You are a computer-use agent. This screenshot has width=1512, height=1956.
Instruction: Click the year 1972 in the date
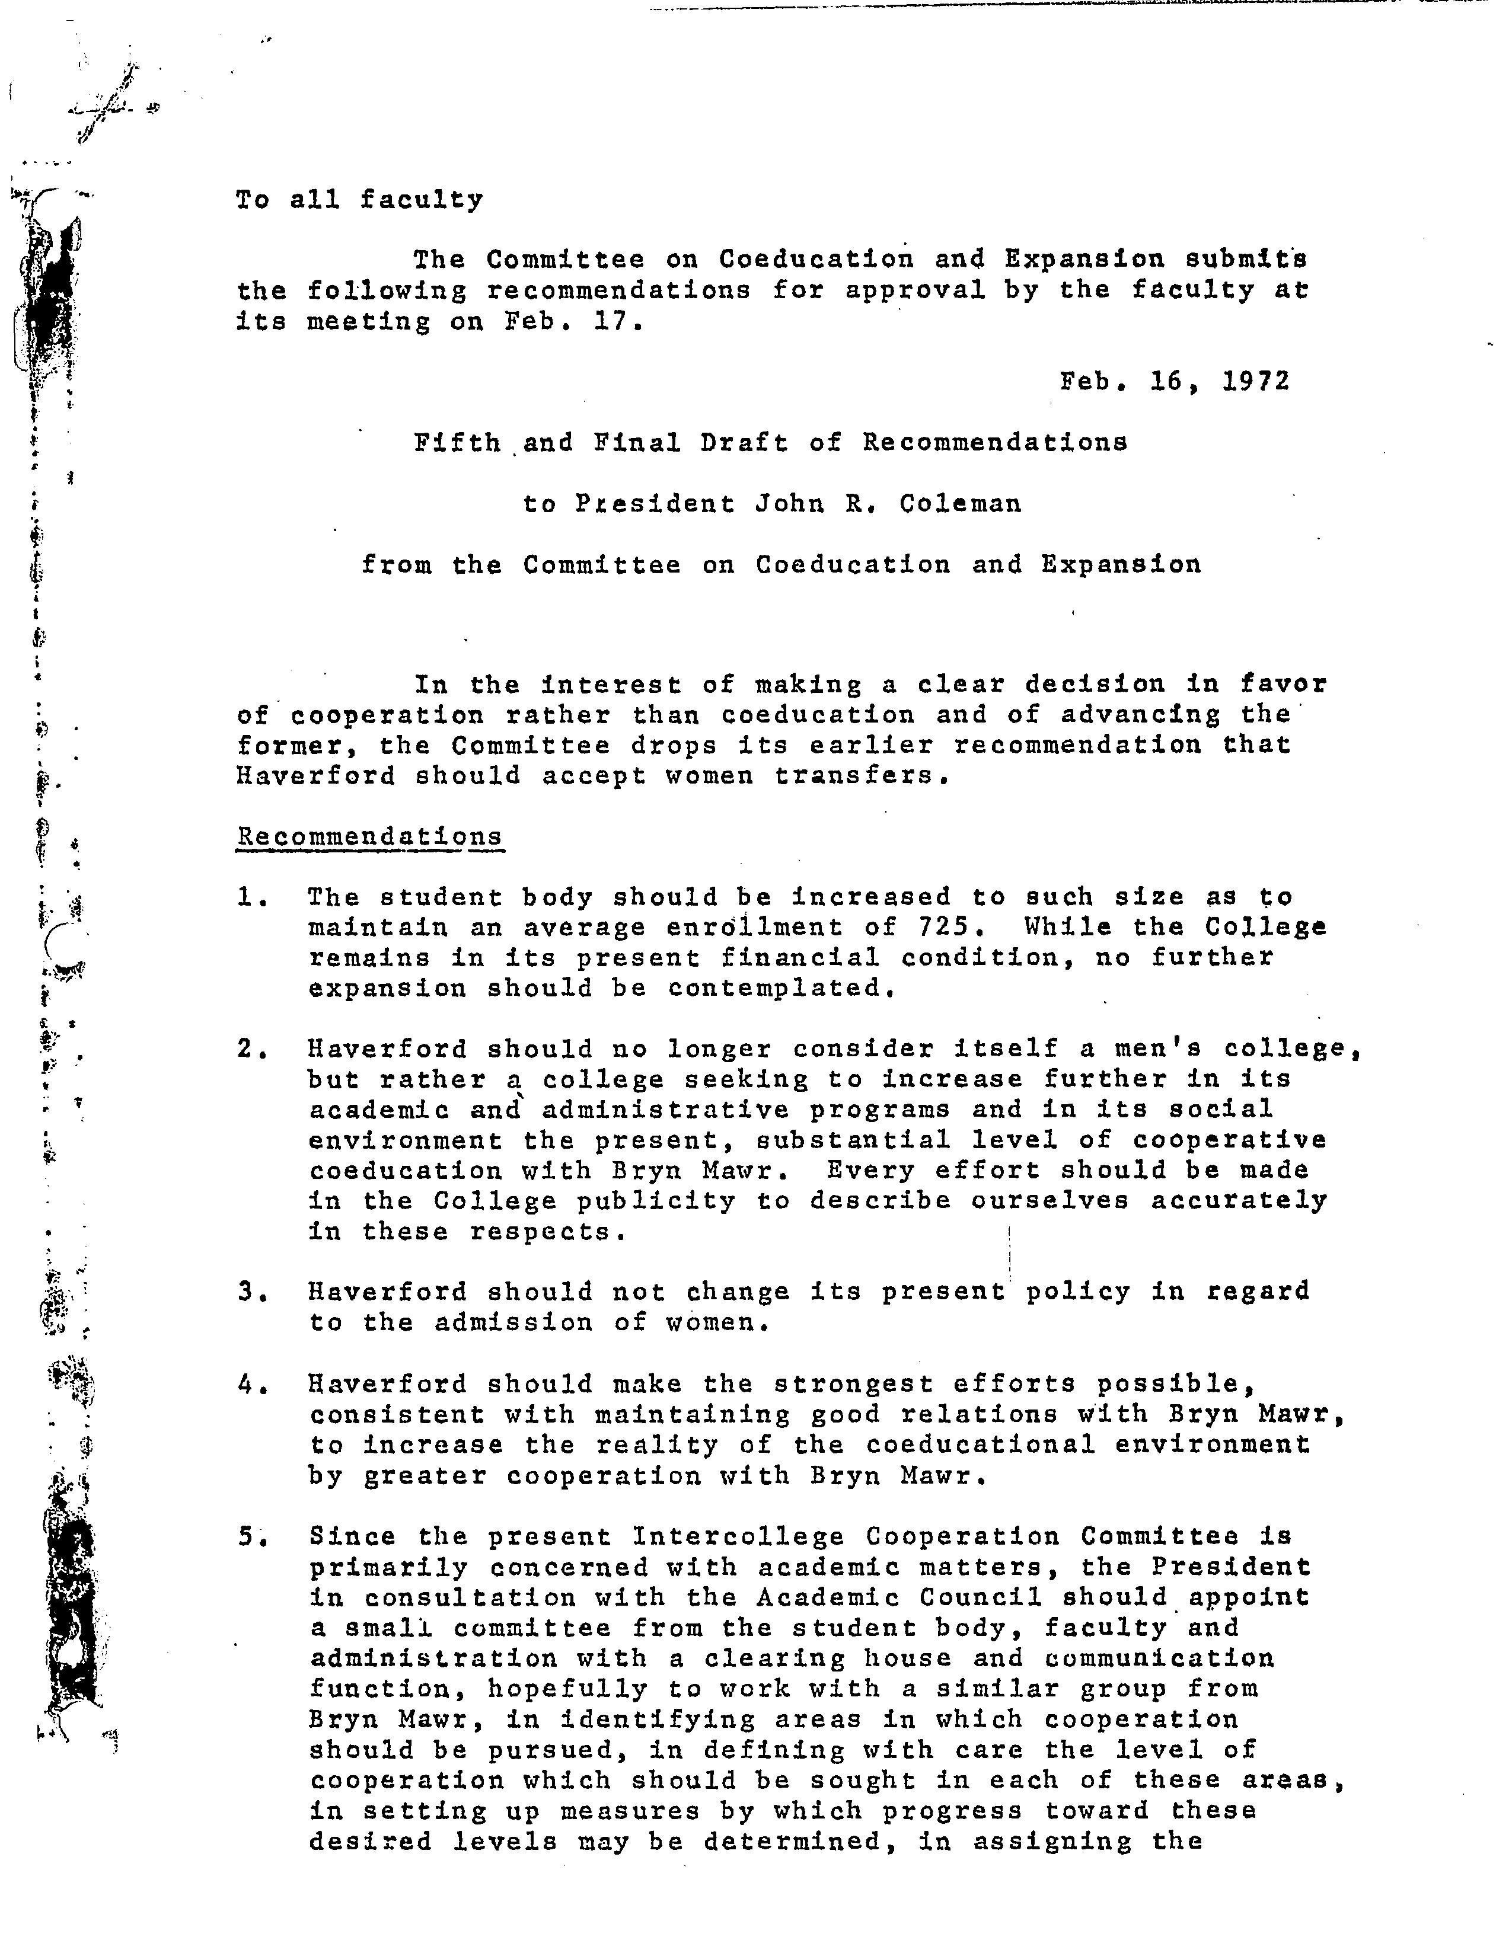coord(1256,382)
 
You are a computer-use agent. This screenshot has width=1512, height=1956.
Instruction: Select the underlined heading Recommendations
coord(369,836)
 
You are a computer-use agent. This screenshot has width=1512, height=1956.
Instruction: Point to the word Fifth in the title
coord(457,442)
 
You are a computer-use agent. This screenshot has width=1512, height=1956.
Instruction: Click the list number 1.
coord(248,896)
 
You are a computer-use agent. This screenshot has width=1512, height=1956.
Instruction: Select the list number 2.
coord(248,1049)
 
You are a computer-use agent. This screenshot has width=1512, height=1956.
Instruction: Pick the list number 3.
coord(248,1292)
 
